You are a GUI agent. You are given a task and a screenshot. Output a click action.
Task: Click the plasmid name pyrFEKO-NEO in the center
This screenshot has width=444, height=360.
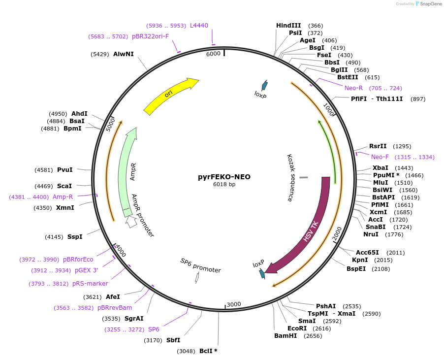[x=224, y=177]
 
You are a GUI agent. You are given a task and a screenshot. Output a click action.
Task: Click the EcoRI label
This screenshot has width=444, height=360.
[x=297, y=328]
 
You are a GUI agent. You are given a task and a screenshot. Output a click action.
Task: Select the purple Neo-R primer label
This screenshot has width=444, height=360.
[x=353, y=88]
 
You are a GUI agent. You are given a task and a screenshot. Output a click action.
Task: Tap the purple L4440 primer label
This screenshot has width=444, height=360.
[x=199, y=26]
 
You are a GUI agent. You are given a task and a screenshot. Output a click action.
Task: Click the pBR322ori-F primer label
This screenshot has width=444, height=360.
[x=150, y=36]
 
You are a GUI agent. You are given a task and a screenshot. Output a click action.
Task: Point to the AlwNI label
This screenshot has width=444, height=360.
[x=123, y=54]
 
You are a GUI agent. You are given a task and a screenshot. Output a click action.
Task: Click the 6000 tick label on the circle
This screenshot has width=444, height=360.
[x=213, y=54]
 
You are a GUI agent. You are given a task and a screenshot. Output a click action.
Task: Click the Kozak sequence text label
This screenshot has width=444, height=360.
[x=290, y=177]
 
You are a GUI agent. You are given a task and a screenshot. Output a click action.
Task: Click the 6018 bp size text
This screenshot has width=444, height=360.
[x=224, y=185]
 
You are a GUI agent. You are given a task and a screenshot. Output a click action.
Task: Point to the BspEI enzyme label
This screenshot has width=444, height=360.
[x=356, y=269]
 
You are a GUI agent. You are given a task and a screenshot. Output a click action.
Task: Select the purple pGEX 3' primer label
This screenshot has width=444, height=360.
[x=86, y=270]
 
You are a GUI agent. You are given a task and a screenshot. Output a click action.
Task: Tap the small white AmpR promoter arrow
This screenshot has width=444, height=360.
[x=131, y=222]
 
